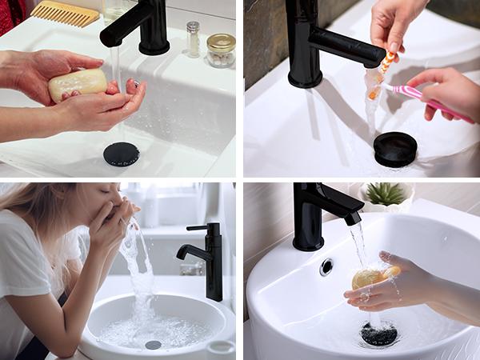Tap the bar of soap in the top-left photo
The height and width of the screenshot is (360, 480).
click(78, 84)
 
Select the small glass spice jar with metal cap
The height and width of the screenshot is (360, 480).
click(192, 39)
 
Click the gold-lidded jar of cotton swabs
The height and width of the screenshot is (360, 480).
click(220, 50)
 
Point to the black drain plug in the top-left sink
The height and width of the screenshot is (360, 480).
click(121, 154)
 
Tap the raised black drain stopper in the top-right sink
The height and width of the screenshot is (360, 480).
click(395, 149)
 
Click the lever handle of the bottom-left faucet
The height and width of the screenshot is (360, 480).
click(198, 228)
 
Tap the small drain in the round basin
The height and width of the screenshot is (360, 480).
click(153, 345)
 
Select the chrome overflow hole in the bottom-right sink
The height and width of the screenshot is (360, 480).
click(326, 266)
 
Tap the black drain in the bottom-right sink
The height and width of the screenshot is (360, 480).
click(379, 334)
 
